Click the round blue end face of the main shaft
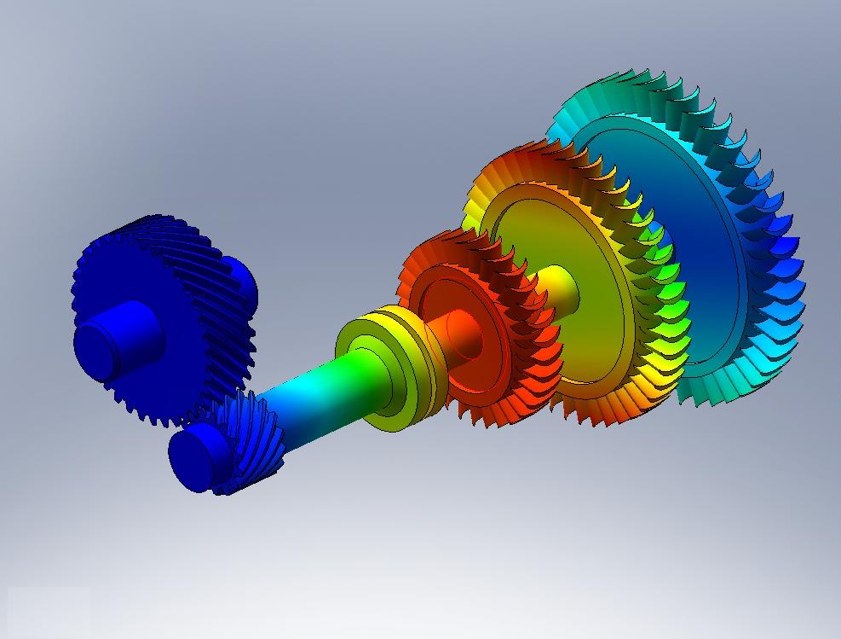(x=195, y=457)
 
